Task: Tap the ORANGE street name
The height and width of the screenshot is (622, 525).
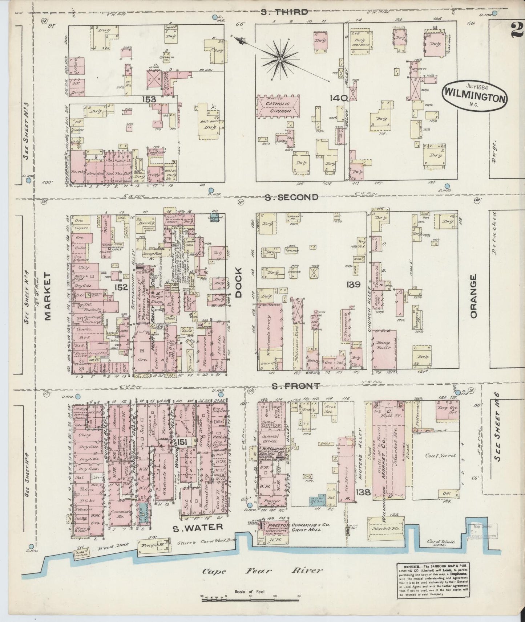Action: coord(473,296)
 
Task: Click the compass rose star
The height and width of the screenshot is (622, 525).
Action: coord(280,58)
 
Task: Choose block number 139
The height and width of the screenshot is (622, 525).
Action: coord(353,285)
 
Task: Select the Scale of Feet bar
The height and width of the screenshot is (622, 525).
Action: coord(251,597)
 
